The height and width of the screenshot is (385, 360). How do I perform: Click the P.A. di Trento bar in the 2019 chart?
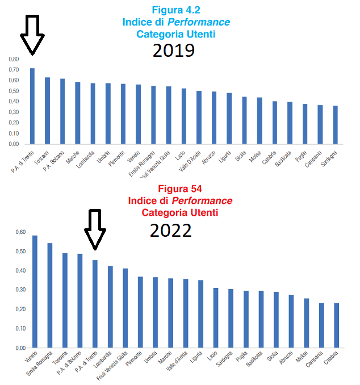pyautogui.click(x=32, y=106)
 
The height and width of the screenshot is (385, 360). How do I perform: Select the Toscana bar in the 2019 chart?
pyautogui.click(x=48, y=111)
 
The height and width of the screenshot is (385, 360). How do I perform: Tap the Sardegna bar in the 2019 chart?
pyautogui.click(x=335, y=125)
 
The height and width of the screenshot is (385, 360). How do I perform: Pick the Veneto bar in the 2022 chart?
pyautogui.click(x=35, y=291)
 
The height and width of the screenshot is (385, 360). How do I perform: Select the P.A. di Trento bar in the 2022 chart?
pyautogui.click(x=95, y=303)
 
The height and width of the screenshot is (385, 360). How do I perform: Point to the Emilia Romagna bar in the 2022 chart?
pyautogui.click(x=50, y=295)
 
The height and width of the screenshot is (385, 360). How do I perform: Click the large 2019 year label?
pyautogui.click(x=174, y=51)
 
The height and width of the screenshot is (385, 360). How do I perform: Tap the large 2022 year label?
pyautogui.click(x=170, y=230)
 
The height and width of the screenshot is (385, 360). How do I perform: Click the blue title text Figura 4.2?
pyautogui.click(x=176, y=10)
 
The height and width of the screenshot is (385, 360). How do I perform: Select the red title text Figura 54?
pyautogui.click(x=180, y=189)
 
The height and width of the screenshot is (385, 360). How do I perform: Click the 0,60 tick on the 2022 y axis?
pyautogui.click(x=20, y=232)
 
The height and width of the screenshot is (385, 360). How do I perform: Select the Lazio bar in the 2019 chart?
pyautogui.click(x=183, y=116)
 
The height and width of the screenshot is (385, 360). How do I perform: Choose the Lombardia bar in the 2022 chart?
pyautogui.click(x=110, y=307)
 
